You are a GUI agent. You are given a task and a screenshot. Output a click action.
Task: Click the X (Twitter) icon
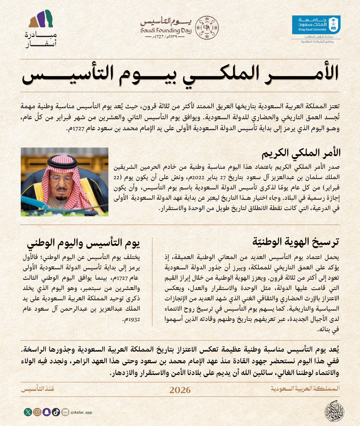(x=28, y=412)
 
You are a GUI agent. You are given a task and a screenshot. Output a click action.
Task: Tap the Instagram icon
(x=37, y=412)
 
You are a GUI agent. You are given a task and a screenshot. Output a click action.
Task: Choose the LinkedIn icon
(x=65, y=412)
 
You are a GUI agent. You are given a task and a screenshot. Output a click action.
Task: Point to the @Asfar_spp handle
(x=81, y=413)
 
